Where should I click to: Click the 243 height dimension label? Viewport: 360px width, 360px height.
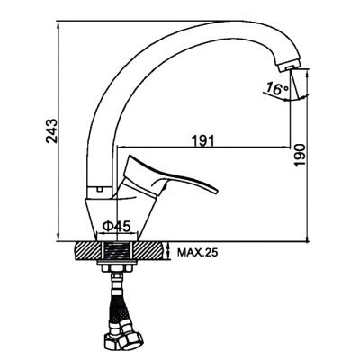pyautogui.click(x=51, y=131)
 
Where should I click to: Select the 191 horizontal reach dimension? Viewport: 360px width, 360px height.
pyautogui.click(x=203, y=140)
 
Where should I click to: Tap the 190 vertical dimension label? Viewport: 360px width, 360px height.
pyautogui.click(x=300, y=155)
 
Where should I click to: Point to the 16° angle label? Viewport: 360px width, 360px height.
pyautogui.click(x=277, y=89)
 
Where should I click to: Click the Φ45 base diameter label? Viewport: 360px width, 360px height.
pyautogui.click(x=117, y=226)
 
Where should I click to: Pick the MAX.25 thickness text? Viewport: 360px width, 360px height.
pyautogui.click(x=197, y=253)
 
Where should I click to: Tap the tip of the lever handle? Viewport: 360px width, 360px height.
pyautogui.click(x=215, y=192)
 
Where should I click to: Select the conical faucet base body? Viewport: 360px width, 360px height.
pyautogui.click(x=120, y=219)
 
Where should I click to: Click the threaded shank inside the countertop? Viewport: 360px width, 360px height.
pyautogui.click(x=117, y=251)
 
